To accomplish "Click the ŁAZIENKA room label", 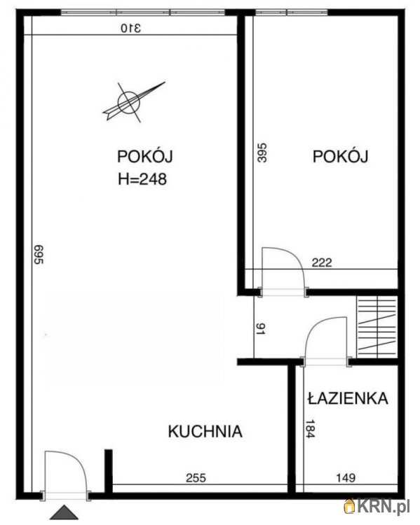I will pyautogui.click(x=347, y=398).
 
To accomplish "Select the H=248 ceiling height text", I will pyautogui.click(x=142, y=178).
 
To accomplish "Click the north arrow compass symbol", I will pyautogui.click(x=131, y=101).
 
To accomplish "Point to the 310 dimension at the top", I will pyautogui.click(x=130, y=28).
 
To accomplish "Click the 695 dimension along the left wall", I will pyautogui.click(x=39, y=254).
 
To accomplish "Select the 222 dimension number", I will pyautogui.click(x=320, y=263).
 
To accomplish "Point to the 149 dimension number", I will pyautogui.click(x=345, y=479).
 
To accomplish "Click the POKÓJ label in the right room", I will pyautogui.click(x=340, y=157).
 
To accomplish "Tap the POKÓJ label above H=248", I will pyautogui.click(x=145, y=157).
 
